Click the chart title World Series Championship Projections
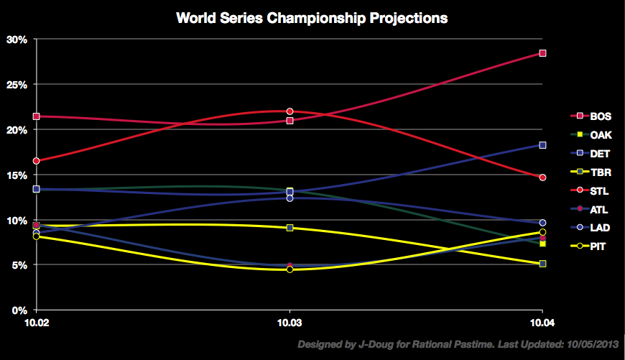pyautogui.click(x=312, y=18)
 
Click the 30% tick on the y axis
pyautogui.click(x=16, y=40)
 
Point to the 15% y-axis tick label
pyautogui.click(x=16, y=175)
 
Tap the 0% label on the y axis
pyautogui.click(x=19, y=310)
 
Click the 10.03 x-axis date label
pyautogui.click(x=290, y=325)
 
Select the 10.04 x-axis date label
pyautogui.click(x=542, y=325)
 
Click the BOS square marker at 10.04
pyautogui.click(x=543, y=53)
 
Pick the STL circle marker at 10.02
pyautogui.click(x=37, y=161)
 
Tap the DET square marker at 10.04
pyautogui.click(x=543, y=145)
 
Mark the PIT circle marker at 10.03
pyautogui.click(x=290, y=269)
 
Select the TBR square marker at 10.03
pyautogui.click(x=290, y=228)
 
